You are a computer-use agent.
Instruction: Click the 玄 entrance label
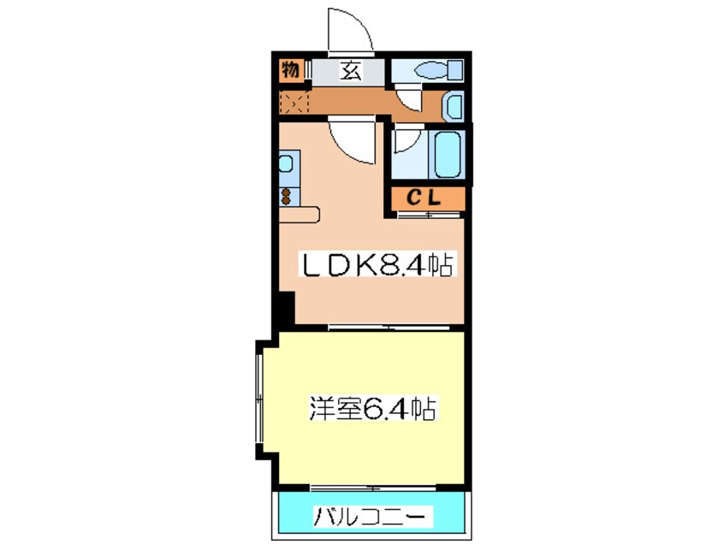(351, 71)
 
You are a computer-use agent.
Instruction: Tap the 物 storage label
(290, 70)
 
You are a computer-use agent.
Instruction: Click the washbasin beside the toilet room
(454, 107)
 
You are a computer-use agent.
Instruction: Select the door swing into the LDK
(353, 140)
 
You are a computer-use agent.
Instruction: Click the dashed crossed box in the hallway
(292, 103)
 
